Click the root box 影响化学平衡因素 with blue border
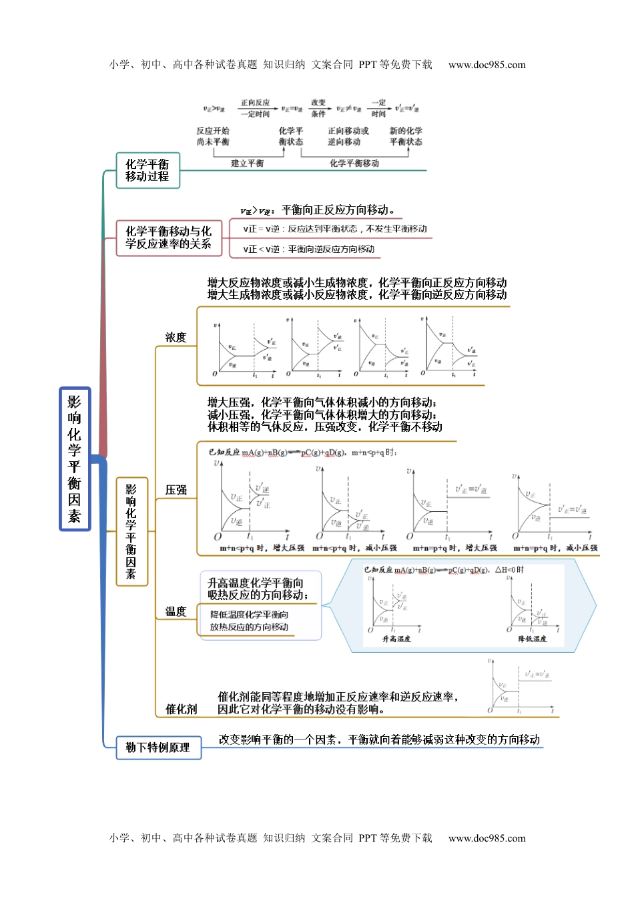pos(74,459)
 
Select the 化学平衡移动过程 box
pos(147,170)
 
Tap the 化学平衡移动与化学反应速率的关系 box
pos(168,238)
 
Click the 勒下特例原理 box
pos(158,747)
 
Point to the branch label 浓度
pos(176,338)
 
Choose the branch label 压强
pos(176,491)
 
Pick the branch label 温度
pos(176,611)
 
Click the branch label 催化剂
pos(181,709)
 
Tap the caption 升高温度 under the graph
pos(396,639)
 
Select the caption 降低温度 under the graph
pos(533,639)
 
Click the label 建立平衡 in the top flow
pos(248,164)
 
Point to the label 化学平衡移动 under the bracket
pos(354,164)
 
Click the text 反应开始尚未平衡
pos(213,136)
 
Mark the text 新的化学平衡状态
pos(406,136)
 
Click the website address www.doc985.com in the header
pos(487,65)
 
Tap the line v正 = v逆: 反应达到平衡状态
pos(335,229)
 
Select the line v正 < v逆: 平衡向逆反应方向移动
pos(309,250)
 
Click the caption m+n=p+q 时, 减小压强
pos(555,548)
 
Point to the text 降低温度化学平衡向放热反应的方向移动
pos(249,621)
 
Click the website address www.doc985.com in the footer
pos(487,838)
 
